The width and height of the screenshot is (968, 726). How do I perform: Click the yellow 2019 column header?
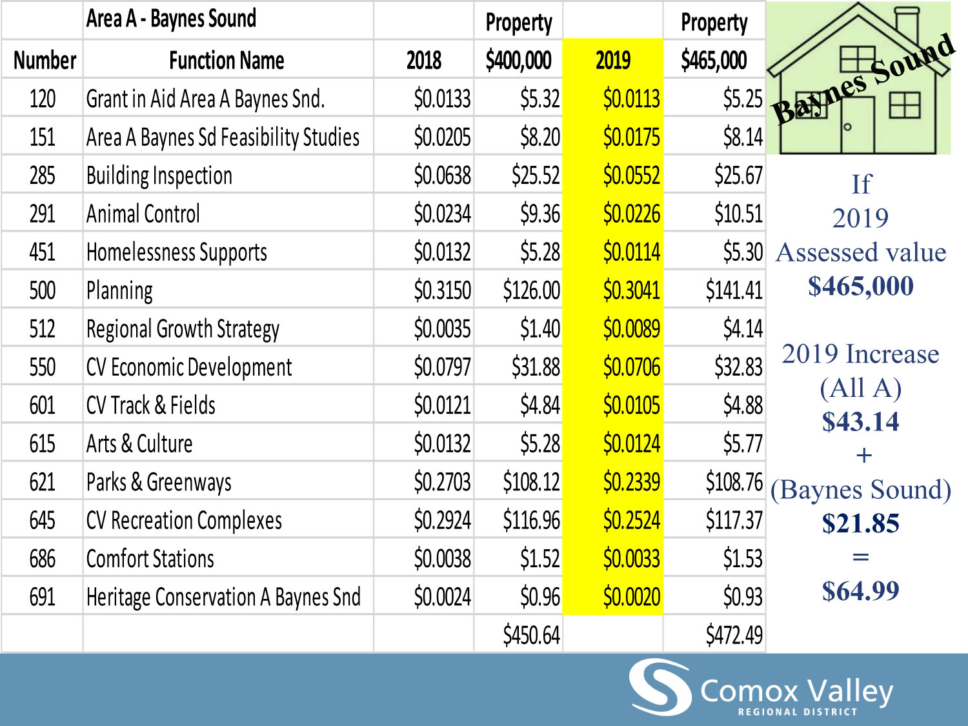(x=612, y=61)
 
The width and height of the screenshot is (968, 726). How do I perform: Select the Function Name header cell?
(x=227, y=61)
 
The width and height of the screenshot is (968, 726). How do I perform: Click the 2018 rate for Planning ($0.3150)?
(x=442, y=290)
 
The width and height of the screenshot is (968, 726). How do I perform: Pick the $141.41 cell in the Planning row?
(x=734, y=290)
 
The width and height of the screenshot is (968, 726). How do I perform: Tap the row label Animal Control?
(x=143, y=214)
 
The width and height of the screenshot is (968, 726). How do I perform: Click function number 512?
(x=42, y=328)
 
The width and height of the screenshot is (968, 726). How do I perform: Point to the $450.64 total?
(x=531, y=635)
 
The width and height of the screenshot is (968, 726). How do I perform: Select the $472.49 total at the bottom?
(x=734, y=635)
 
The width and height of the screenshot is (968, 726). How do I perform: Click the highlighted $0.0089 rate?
(x=631, y=328)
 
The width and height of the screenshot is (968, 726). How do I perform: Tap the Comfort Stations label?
(x=150, y=559)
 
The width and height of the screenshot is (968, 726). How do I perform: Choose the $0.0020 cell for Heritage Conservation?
(x=631, y=597)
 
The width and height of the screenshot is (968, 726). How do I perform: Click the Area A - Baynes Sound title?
(x=171, y=19)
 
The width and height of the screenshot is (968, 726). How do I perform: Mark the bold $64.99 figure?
(x=860, y=590)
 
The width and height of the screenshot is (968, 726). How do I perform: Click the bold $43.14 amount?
(x=860, y=421)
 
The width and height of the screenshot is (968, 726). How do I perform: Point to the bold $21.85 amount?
(x=860, y=523)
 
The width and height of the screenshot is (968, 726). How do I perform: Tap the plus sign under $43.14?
(x=863, y=456)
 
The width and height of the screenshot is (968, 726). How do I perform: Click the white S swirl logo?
(x=660, y=687)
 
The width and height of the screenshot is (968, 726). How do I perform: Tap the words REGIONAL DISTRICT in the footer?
(x=798, y=712)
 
